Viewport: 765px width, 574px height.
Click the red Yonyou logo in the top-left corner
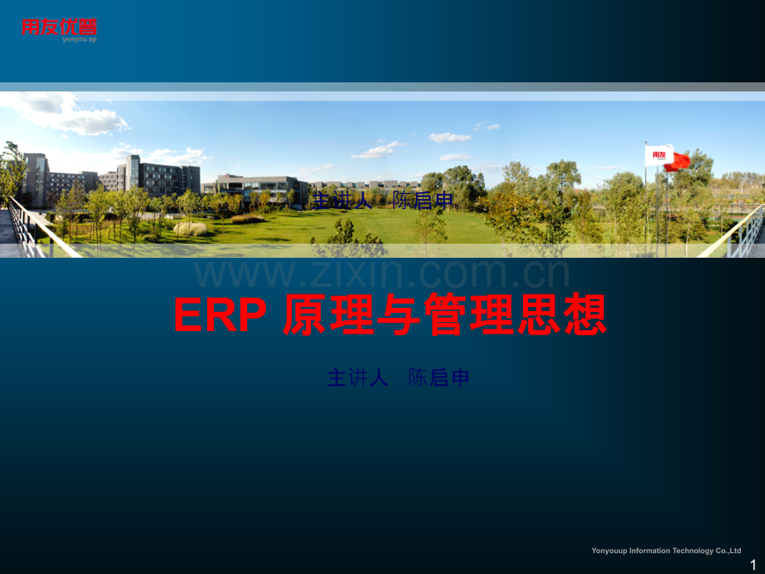59,28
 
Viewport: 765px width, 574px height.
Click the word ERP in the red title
220,316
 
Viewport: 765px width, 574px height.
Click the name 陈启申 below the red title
439,378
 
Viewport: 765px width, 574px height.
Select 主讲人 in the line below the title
358,378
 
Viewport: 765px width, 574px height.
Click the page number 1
753,565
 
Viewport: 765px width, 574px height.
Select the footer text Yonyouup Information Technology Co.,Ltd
665,551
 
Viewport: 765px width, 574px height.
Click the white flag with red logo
658,155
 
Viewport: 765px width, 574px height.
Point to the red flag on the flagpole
678,161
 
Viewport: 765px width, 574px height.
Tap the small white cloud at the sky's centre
450,137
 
